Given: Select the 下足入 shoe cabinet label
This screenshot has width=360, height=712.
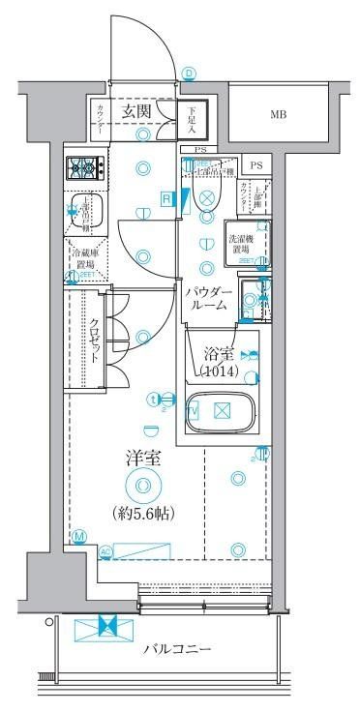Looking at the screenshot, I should (192, 117).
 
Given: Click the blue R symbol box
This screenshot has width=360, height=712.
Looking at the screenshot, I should (166, 199).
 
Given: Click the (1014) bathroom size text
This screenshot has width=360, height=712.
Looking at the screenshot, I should (220, 371).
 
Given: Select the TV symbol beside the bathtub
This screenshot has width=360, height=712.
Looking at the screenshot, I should (193, 411).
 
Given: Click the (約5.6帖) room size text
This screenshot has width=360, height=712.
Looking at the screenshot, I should (142, 513).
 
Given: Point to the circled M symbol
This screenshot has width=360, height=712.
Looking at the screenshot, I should (78, 535).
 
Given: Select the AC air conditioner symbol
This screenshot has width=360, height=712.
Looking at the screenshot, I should (105, 552).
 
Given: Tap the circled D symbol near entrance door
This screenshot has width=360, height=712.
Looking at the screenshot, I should (190, 73).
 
